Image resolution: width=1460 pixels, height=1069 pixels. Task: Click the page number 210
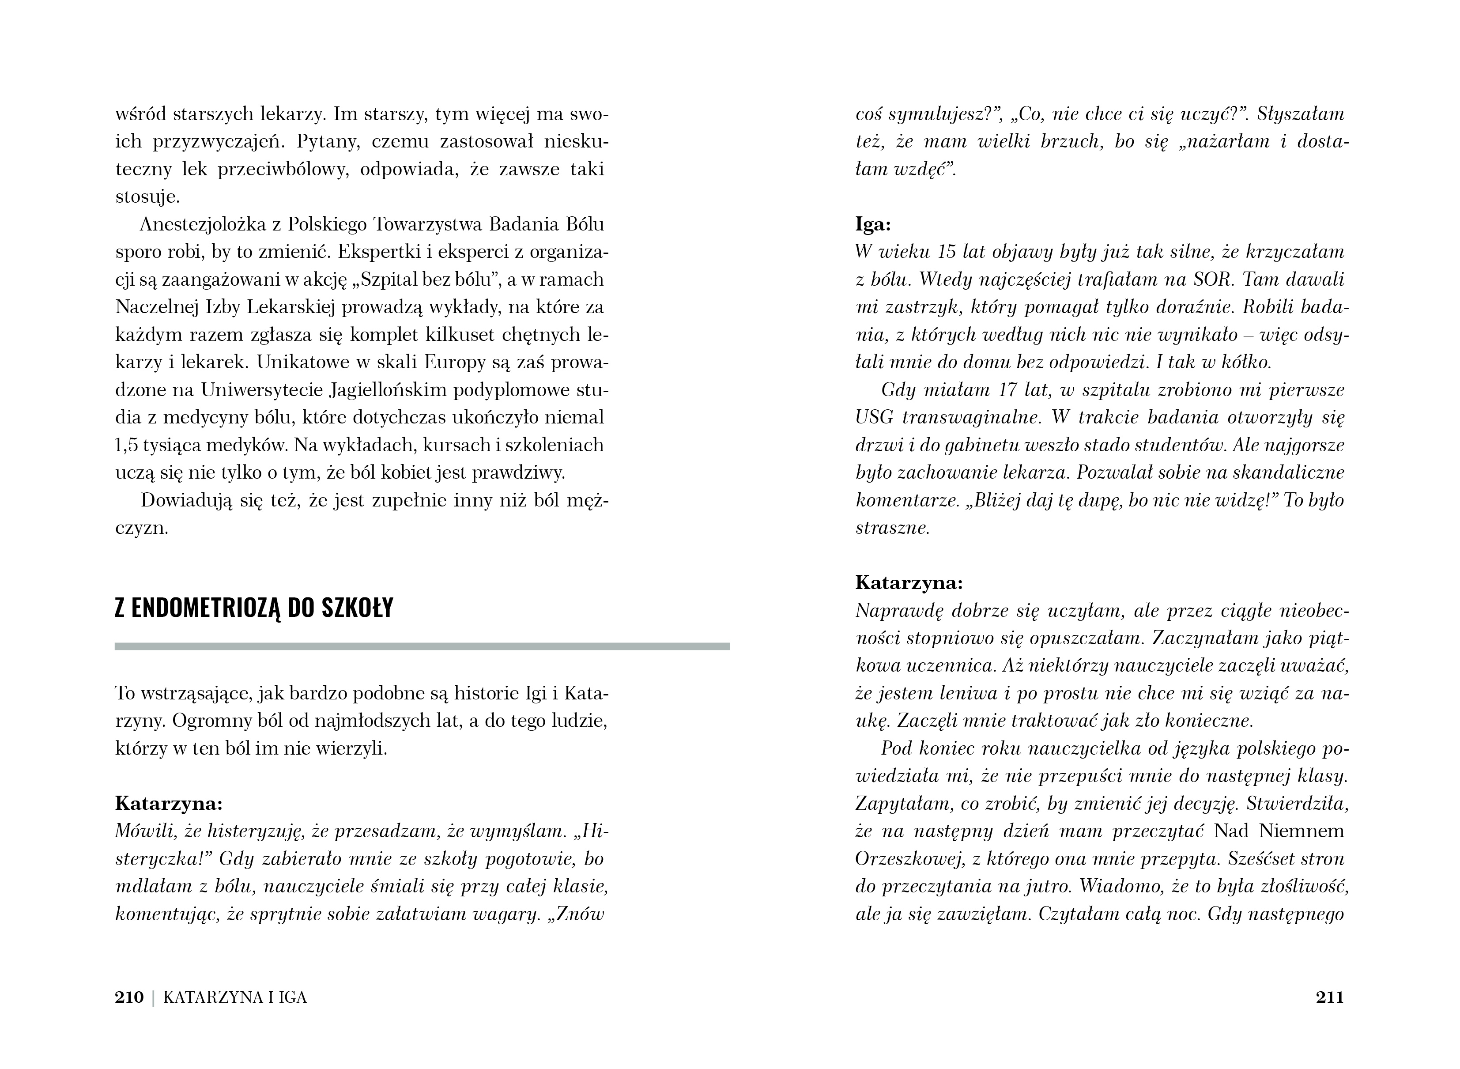coord(129,997)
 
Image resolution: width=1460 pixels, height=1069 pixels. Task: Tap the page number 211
coord(1330,997)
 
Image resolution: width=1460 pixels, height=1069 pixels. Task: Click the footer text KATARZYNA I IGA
coord(235,997)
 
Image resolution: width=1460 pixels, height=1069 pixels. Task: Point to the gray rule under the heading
coord(422,646)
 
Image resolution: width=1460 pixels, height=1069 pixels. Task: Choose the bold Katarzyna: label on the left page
coord(169,803)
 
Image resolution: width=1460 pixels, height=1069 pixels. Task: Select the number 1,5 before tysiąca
coord(127,445)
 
